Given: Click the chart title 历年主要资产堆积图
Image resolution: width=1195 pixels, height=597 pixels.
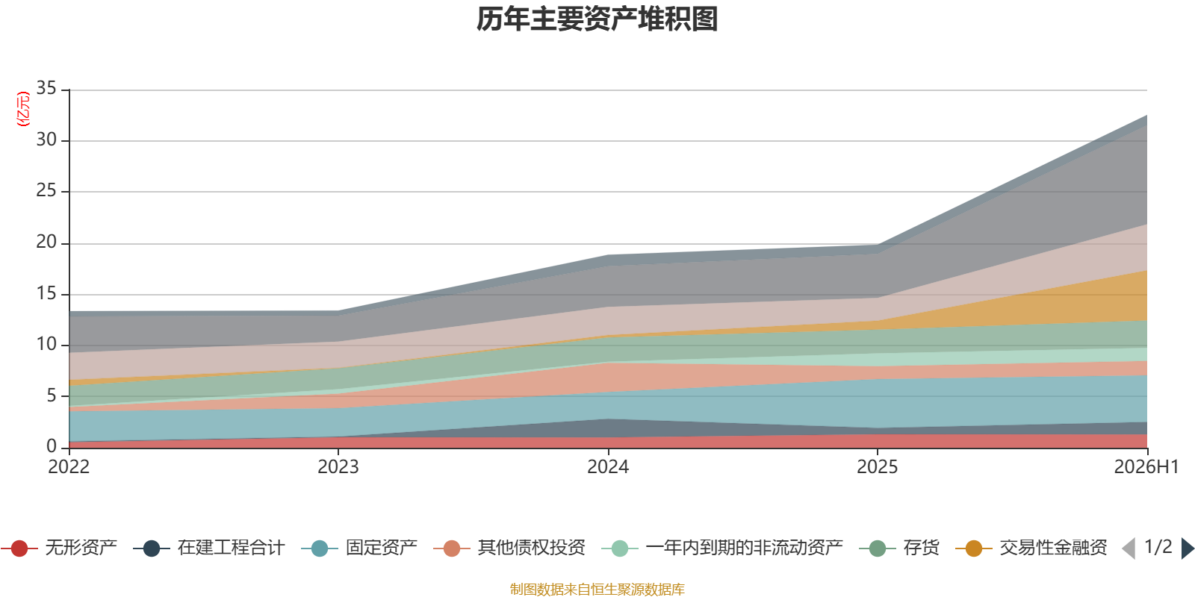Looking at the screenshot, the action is pyautogui.click(x=597, y=19).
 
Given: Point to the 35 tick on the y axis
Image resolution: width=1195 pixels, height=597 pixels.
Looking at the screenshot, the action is pyautogui.click(x=46, y=88).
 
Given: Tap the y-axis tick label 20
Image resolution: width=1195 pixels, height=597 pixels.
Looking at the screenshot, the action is pyautogui.click(x=46, y=242).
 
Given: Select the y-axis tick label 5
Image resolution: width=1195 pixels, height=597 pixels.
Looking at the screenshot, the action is pyautogui.click(x=52, y=396).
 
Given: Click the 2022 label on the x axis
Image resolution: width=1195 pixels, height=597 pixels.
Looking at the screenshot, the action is pyautogui.click(x=69, y=467).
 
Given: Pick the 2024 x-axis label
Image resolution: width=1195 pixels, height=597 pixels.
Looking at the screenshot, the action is pyautogui.click(x=608, y=467).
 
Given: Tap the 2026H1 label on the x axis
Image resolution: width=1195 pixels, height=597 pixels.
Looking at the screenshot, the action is pyautogui.click(x=1146, y=467).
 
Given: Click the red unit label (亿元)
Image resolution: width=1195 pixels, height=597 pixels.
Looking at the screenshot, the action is pyautogui.click(x=23, y=109).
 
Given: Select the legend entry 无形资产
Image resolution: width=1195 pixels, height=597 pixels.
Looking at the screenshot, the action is pyautogui.click(x=59, y=548).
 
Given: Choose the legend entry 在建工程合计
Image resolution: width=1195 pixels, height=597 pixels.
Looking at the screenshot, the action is pyautogui.click(x=209, y=548).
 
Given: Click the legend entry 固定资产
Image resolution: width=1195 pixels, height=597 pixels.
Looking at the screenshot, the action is pyautogui.click(x=359, y=548).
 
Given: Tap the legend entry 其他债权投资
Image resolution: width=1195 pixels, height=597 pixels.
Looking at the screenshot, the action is pyautogui.click(x=509, y=548).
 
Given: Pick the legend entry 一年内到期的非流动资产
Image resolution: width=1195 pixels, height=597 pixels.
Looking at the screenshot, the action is pyautogui.click(x=722, y=548).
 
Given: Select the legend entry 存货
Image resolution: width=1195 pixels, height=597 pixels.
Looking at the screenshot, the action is pyautogui.click(x=899, y=548).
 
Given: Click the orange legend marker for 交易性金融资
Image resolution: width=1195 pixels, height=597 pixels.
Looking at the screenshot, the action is pyautogui.click(x=974, y=548).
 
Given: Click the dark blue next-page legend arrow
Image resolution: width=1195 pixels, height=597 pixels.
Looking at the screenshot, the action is pyautogui.click(x=1188, y=548).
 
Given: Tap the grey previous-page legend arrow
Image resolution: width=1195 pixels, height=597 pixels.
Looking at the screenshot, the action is pyautogui.click(x=1129, y=548).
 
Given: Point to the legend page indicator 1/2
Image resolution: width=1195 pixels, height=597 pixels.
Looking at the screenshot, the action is pyautogui.click(x=1158, y=547).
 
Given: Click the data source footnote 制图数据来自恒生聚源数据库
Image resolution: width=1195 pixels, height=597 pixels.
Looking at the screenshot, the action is pyautogui.click(x=597, y=589).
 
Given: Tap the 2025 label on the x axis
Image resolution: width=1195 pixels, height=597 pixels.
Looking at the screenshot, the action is pyautogui.click(x=878, y=467).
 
